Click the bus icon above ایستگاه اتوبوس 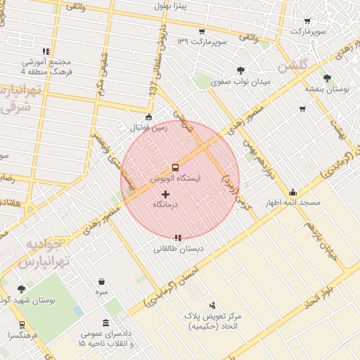point(174,167)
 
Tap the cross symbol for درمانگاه point(166,193)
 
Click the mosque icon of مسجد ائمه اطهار point(292,192)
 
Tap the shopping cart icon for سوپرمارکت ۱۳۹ point(202,32)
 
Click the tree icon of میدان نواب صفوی point(241,70)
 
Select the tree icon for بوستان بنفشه point(326,77)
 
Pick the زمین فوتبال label point(148,129)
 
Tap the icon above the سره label point(102,281)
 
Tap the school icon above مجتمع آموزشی point(46,51)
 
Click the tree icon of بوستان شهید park point(21,288)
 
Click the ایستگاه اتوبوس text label point(176,179)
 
